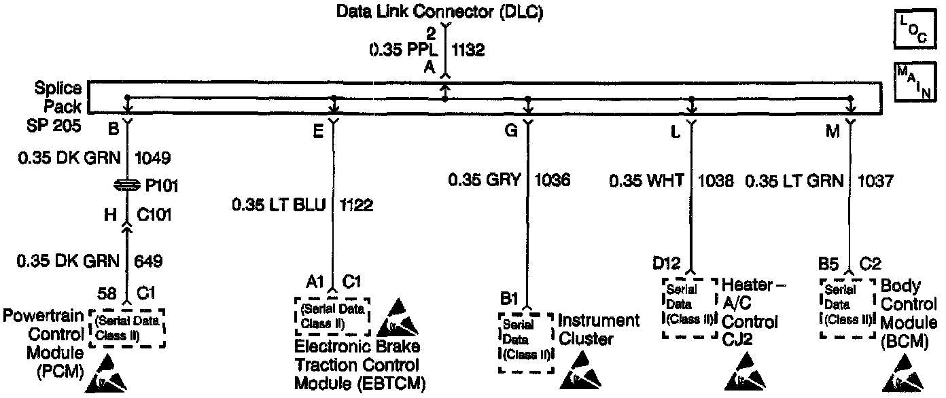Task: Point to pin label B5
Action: pyautogui.click(x=827, y=262)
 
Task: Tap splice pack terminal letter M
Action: pyautogui.click(x=832, y=131)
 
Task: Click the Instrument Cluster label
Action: pyautogui.click(x=599, y=329)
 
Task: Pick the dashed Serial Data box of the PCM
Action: pyautogui.click(x=127, y=329)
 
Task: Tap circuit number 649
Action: pyautogui.click(x=148, y=261)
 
